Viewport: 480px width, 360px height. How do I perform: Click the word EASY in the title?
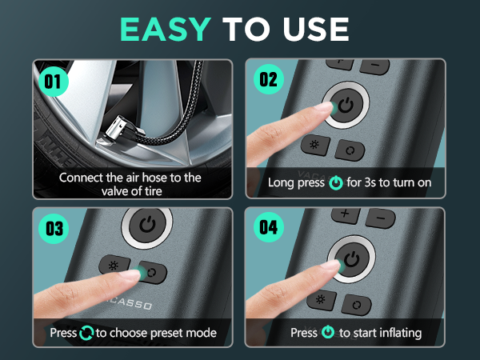pyautogui.click(x=166, y=29)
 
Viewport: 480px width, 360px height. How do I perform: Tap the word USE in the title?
pyautogui.click(x=316, y=29)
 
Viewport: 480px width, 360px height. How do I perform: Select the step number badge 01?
pyautogui.click(x=54, y=82)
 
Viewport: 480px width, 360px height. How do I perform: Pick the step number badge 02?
pyautogui.click(x=269, y=79)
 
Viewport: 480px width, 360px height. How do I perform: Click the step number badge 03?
pyautogui.click(x=54, y=229)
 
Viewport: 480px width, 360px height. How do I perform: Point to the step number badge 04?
pyautogui.click(x=269, y=227)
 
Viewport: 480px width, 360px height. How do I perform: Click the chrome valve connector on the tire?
pyautogui.click(x=121, y=129)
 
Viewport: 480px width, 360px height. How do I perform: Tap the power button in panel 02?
pyautogui.click(x=346, y=105)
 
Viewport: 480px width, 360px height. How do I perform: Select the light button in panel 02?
pyautogui.click(x=315, y=145)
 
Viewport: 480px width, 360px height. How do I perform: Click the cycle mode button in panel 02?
pyautogui.click(x=350, y=150)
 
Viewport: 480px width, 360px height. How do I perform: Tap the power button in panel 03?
pyautogui.click(x=147, y=225)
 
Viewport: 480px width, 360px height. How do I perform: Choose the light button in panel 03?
pyautogui.click(x=114, y=265)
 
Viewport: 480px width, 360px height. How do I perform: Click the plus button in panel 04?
pyautogui.click(x=346, y=214)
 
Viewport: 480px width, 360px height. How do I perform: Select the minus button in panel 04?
pyautogui.click(x=381, y=218)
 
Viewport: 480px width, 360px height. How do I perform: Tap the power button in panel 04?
pyautogui.click(x=352, y=259)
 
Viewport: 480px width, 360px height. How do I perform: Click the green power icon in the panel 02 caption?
pyautogui.click(x=336, y=182)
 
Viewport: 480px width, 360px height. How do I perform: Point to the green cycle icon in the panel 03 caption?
pyautogui.click(x=86, y=333)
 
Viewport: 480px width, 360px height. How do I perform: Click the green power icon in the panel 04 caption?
pyautogui.click(x=328, y=332)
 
